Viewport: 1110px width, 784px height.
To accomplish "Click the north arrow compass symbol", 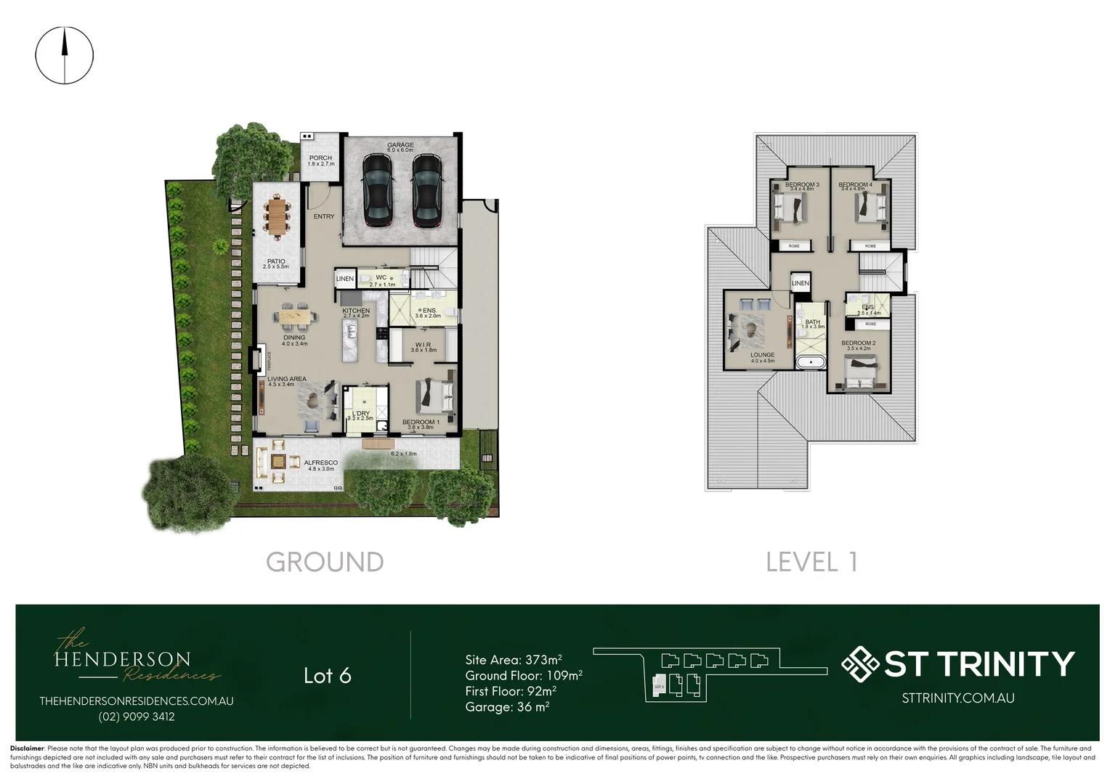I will point(65,55).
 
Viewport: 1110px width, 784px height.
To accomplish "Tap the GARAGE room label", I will point(400,145).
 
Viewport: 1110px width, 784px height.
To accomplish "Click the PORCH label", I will point(320,158).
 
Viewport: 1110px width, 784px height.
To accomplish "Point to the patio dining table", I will point(277,217).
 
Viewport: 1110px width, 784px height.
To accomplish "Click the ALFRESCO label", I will point(320,463).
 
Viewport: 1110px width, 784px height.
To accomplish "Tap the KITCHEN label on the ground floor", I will point(356,311).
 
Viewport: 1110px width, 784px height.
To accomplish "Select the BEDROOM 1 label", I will point(421,422).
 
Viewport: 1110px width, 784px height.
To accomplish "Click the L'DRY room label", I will point(361,414).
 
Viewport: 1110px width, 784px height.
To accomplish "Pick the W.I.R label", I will point(424,346).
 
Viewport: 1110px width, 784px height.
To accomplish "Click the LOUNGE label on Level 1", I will point(763,356).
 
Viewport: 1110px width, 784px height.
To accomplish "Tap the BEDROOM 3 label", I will point(802,185).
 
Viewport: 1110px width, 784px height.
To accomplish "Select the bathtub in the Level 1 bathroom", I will point(811,362).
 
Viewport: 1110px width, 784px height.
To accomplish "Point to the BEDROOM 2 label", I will point(859,343).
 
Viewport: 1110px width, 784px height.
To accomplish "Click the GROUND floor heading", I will point(325,562).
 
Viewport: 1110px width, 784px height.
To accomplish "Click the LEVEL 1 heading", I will point(811,562).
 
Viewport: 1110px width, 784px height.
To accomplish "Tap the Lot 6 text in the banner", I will point(328,676).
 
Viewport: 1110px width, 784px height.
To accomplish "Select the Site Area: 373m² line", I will point(514,660).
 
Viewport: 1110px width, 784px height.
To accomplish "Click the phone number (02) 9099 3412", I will point(137,716).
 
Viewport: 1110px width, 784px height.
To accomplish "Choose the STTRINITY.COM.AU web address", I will point(958,698).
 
